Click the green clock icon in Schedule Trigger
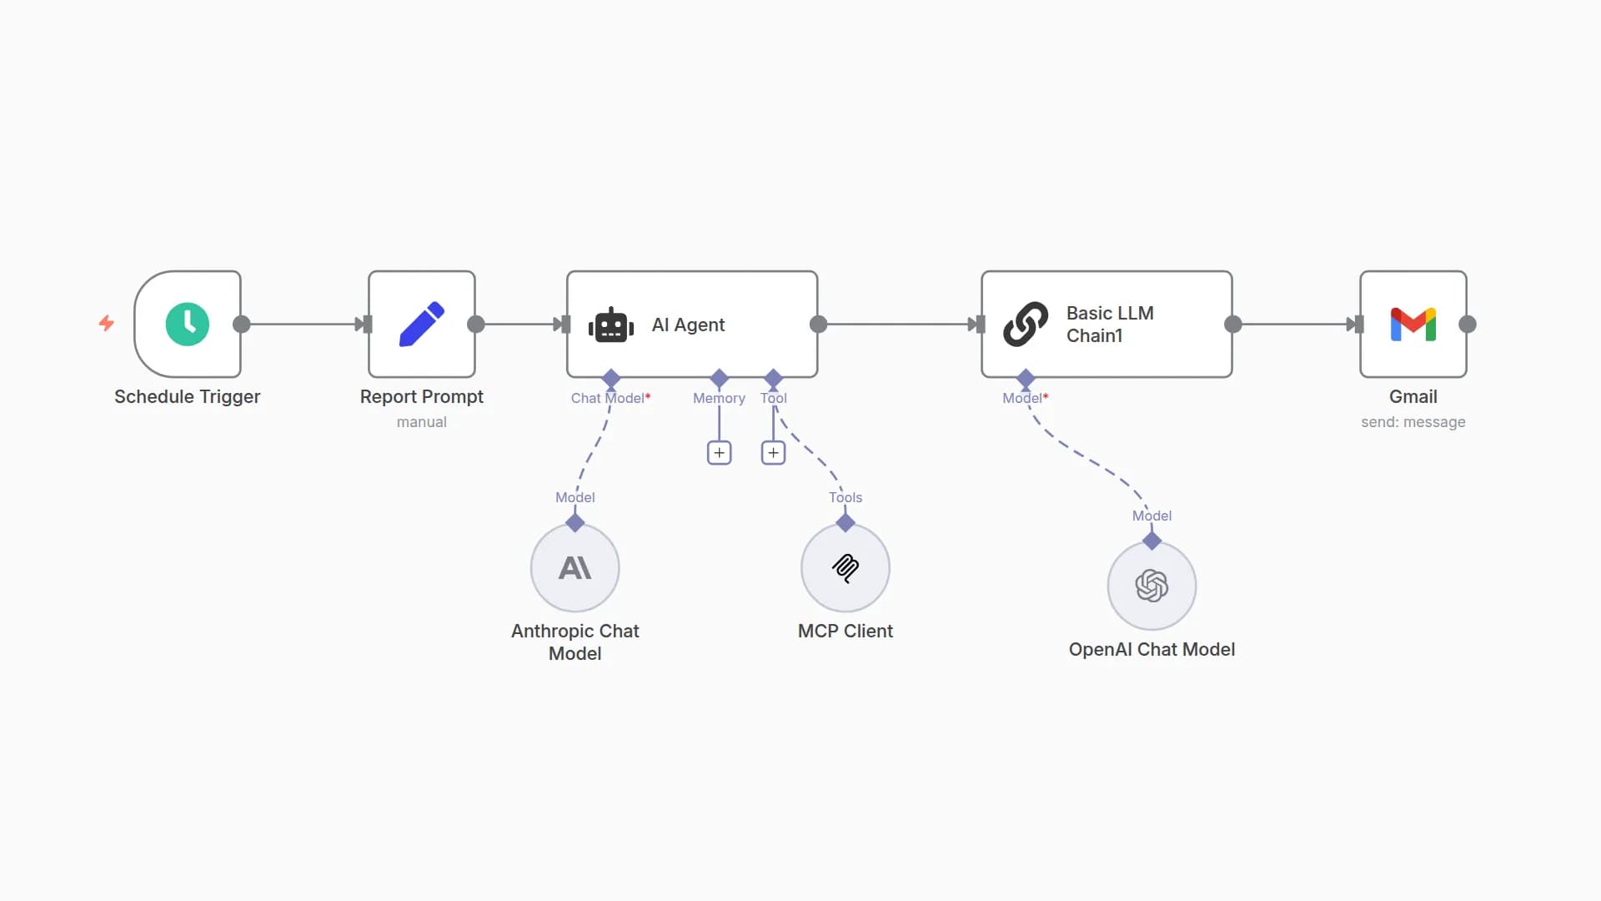pyautogui.click(x=187, y=324)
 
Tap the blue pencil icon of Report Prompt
pyautogui.click(x=422, y=324)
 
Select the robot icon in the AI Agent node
pyautogui.click(x=611, y=325)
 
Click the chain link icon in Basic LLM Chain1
pyautogui.click(x=1026, y=324)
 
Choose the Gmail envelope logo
pyautogui.click(x=1413, y=324)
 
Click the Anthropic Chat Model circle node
pyautogui.click(x=575, y=568)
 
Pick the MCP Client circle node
pyautogui.click(x=846, y=568)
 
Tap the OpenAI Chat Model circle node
pyautogui.click(x=1152, y=586)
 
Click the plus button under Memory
pyautogui.click(x=719, y=453)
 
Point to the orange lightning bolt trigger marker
pyautogui.click(x=107, y=323)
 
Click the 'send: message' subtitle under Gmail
pyautogui.click(x=1413, y=422)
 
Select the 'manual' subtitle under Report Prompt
pyautogui.click(x=421, y=422)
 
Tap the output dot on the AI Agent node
pyautogui.click(x=819, y=325)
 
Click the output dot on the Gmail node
pyautogui.click(x=1468, y=325)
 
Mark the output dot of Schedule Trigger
pyautogui.click(x=242, y=325)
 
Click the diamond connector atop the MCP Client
pyautogui.click(x=846, y=523)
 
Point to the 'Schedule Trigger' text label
pyautogui.click(x=187, y=397)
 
